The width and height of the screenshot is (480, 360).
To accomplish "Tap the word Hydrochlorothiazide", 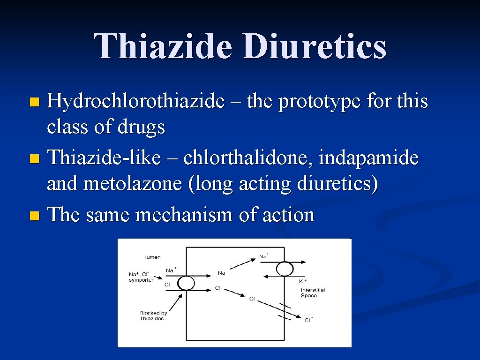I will pyautogui.click(x=135, y=101).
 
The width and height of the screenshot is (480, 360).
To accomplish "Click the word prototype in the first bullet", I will pyautogui.click(x=319, y=101).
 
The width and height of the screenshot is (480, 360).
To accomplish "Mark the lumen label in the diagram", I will pyautogui.click(x=152, y=257).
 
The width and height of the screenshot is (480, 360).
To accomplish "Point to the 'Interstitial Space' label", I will pyautogui.click(x=313, y=292).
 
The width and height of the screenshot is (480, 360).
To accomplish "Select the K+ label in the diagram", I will pyautogui.click(x=303, y=281).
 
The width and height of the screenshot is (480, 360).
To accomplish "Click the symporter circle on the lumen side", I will pyautogui.click(x=186, y=283).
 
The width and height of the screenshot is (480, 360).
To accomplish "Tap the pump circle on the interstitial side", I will pyautogui.click(x=284, y=269).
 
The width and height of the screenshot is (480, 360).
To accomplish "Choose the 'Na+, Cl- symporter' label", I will pyautogui.click(x=141, y=277).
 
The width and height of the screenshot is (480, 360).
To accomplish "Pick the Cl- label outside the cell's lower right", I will pyautogui.click(x=308, y=320).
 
